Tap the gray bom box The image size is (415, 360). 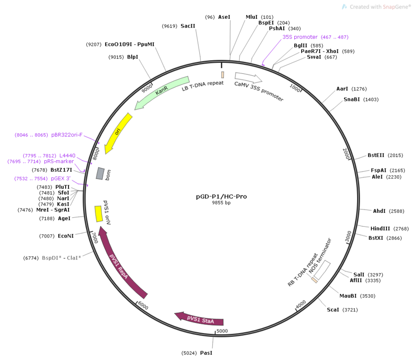[x=100, y=173]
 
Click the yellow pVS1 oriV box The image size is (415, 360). [x=99, y=214]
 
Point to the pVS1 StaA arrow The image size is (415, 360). [x=198, y=318]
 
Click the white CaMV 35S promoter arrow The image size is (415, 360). [x=248, y=77]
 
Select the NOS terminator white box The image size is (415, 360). [x=322, y=270]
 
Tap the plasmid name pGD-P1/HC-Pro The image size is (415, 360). [x=221, y=196]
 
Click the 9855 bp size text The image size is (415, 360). [x=221, y=203]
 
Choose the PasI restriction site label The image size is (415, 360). [x=206, y=353]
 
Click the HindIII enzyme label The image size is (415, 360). [x=380, y=228]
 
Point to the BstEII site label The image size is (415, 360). [x=376, y=155]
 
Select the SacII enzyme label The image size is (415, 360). [x=188, y=26]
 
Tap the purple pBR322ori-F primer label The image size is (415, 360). [x=67, y=135]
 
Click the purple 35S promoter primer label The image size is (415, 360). [x=300, y=37]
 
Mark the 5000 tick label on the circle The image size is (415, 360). [x=222, y=331]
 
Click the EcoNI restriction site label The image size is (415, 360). [x=66, y=236]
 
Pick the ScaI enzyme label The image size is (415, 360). [x=333, y=310]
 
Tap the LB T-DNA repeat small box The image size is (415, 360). [x=222, y=75]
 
